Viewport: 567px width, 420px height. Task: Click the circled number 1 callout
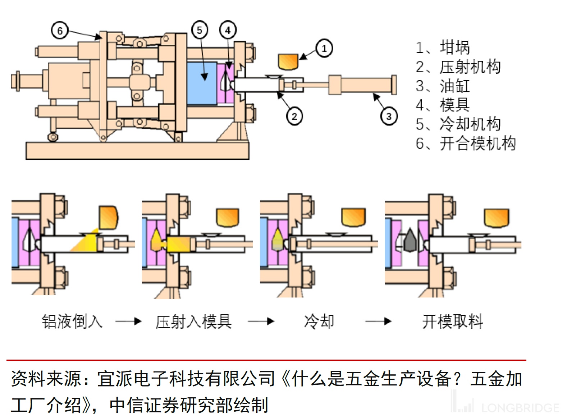(x=324, y=48)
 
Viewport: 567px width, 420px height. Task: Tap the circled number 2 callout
(x=294, y=116)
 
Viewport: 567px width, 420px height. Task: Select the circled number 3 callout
(x=389, y=117)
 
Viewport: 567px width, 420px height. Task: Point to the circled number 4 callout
(x=228, y=30)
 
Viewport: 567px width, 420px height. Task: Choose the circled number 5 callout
(x=200, y=30)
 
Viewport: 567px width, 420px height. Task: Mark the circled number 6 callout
(x=60, y=31)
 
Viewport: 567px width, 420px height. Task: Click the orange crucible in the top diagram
(x=288, y=61)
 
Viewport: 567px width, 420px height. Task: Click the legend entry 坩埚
(x=454, y=47)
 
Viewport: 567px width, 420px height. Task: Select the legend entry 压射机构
(x=470, y=67)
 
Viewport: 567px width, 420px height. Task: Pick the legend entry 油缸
(x=454, y=86)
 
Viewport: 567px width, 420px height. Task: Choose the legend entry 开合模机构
(x=477, y=143)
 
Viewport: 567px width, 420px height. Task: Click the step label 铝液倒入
(x=72, y=321)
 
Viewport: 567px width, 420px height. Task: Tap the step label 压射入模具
(x=193, y=321)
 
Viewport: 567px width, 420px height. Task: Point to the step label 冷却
(x=319, y=321)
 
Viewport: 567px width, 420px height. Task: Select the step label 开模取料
(x=452, y=321)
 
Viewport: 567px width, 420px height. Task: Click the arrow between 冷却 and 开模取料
(x=378, y=321)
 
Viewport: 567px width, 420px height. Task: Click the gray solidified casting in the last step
(x=410, y=240)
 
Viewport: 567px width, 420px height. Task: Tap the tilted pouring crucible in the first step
(x=108, y=217)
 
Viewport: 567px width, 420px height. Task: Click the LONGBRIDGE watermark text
(x=520, y=408)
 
